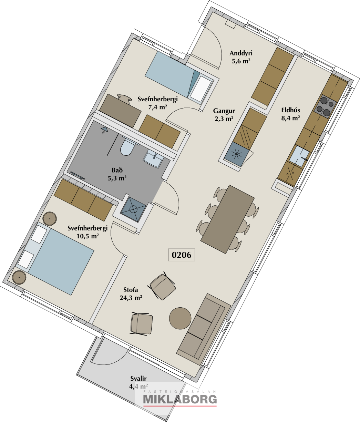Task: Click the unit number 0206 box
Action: pos(181,255)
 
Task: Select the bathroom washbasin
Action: pos(154,158)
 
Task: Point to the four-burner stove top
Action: pos(325,106)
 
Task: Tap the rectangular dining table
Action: pos(227,219)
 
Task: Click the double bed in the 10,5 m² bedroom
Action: pos(55,259)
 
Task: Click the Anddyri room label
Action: pos(241,53)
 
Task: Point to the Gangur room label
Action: pos(224,111)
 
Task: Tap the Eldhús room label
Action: pos(290,110)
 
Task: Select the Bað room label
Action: pos(117,170)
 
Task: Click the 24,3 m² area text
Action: pos(131,298)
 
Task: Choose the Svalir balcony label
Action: pos(138,379)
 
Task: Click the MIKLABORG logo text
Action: pos(180,400)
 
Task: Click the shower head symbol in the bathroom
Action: pos(104,130)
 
